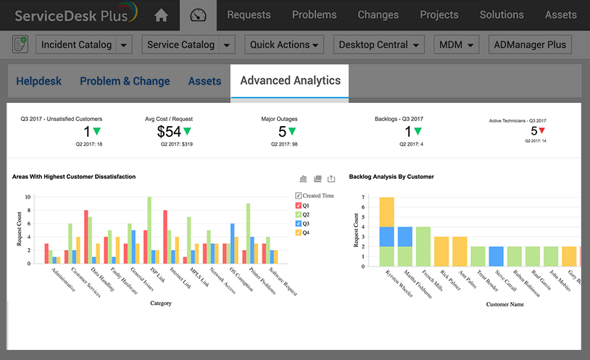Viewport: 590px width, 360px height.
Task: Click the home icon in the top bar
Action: [x=161, y=15]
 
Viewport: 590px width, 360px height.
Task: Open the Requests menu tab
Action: [x=249, y=14]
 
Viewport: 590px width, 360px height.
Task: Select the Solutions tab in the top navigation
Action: [x=501, y=14]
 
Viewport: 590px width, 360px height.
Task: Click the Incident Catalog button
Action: [x=76, y=45]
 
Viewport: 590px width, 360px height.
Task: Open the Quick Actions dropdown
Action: [x=284, y=45]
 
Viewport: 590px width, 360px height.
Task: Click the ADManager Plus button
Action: [x=530, y=45]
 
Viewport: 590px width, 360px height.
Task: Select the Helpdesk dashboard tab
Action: [x=39, y=81]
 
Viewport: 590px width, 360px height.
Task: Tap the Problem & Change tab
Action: [x=125, y=81]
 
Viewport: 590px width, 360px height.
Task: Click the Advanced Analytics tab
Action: [x=290, y=80]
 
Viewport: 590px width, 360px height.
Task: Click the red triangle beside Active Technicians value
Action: [x=541, y=131]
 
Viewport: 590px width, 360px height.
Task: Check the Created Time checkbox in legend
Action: [x=298, y=196]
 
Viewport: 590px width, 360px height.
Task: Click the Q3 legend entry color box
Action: [x=298, y=223]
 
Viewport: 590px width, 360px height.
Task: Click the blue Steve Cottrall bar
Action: [x=496, y=256]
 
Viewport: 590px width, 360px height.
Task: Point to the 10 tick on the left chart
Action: [x=28, y=197]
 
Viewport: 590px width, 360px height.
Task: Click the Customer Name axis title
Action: [x=506, y=304]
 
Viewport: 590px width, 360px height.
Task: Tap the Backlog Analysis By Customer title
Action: [x=392, y=176]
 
